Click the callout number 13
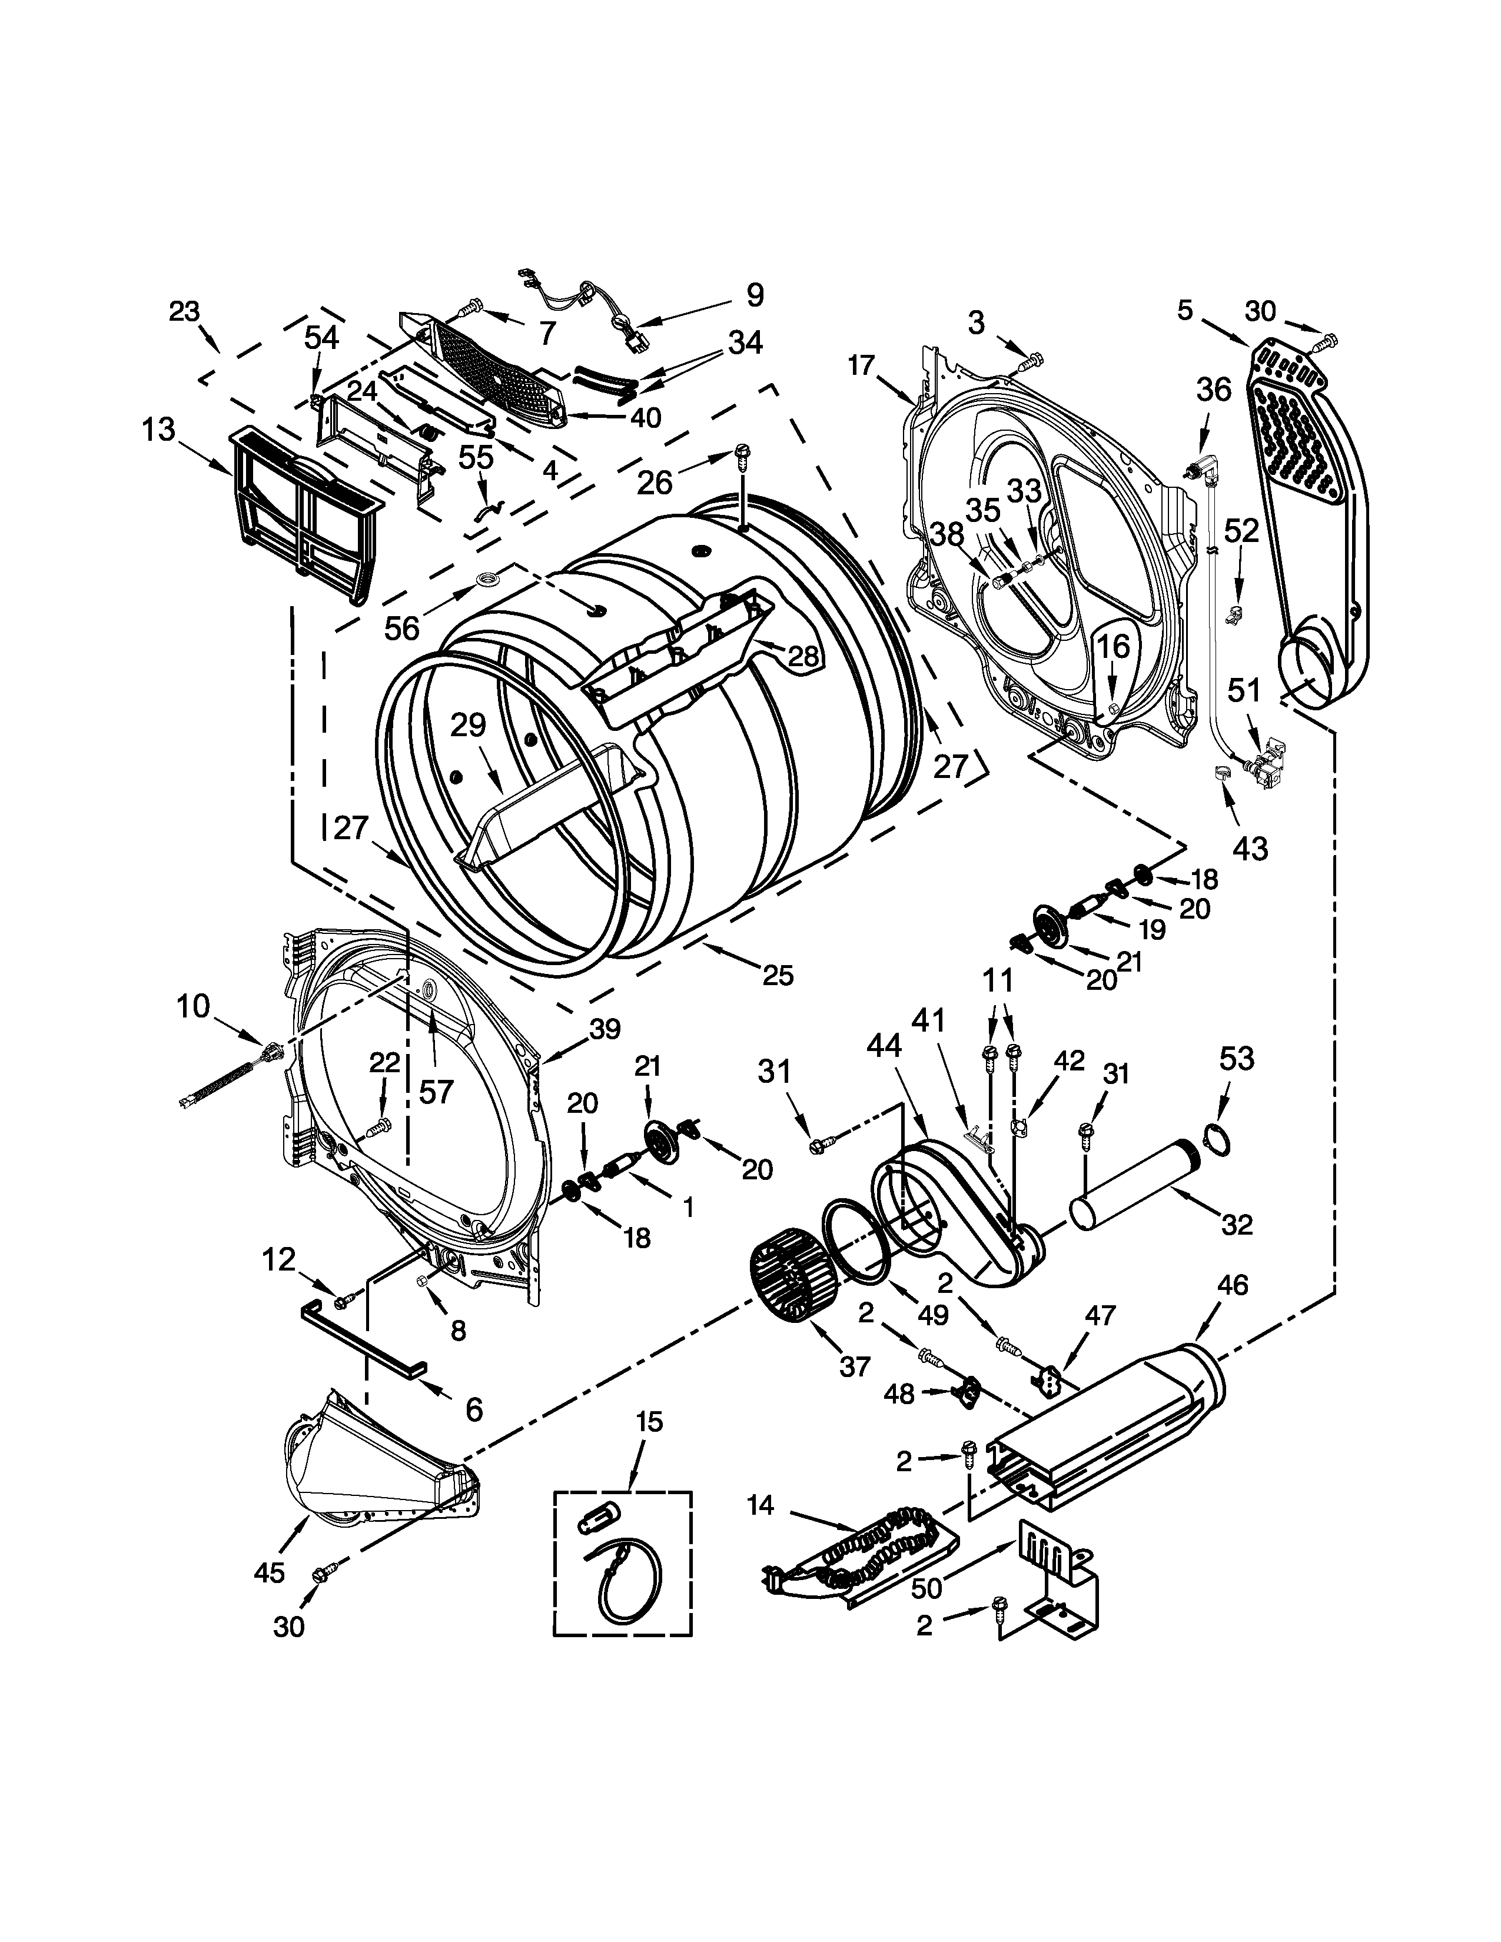[x=158, y=431]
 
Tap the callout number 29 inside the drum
[x=468, y=726]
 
